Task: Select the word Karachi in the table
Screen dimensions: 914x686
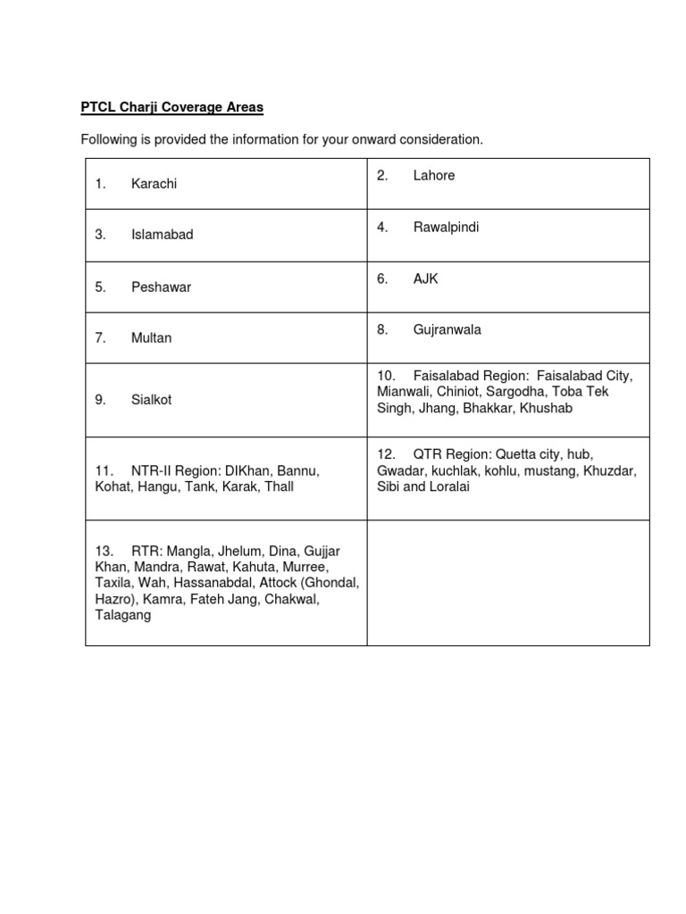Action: (x=154, y=184)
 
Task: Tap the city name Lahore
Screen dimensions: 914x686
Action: (x=434, y=176)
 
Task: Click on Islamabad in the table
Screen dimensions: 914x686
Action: (x=162, y=235)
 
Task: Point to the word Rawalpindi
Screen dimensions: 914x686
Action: (x=446, y=228)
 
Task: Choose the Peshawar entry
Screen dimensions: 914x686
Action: (x=161, y=287)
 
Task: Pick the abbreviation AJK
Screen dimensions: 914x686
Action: (x=426, y=279)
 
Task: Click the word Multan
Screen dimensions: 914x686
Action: (x=151, y=338)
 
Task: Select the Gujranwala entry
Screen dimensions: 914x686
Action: (x=447, y=330)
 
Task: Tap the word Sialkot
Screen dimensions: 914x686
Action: (x=151, y=400)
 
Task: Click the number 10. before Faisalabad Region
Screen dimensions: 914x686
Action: (x=386, y=375)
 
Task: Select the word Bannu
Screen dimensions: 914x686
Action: (x=299, y=469)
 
